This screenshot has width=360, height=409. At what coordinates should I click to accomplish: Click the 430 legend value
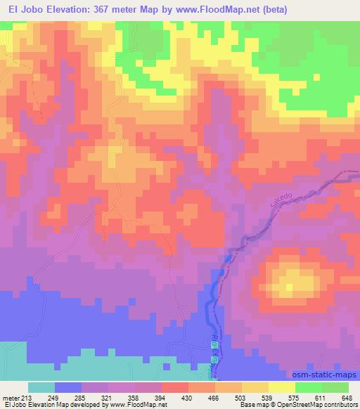pos(188,398)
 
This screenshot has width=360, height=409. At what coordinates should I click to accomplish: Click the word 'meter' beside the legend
pos(11,398)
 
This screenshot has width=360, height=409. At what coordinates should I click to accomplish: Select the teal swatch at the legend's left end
pos(41,387)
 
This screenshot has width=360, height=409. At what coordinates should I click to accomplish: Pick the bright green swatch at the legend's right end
pos(335,387)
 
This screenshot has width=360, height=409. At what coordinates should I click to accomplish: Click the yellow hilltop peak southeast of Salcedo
pos(292,285)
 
